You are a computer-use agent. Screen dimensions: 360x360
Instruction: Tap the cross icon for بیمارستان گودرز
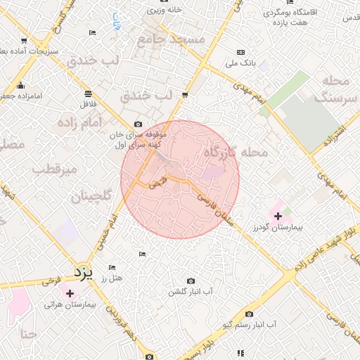(x=278, y=216)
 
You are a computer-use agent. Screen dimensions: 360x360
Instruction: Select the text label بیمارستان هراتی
(x=70, y=305)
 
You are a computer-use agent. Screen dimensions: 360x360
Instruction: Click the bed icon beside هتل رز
(x=111, y=268)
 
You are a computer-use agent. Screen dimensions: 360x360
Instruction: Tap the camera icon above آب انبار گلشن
(x=191, y=281)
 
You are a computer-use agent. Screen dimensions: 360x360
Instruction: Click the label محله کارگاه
(x=236, y=152)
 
